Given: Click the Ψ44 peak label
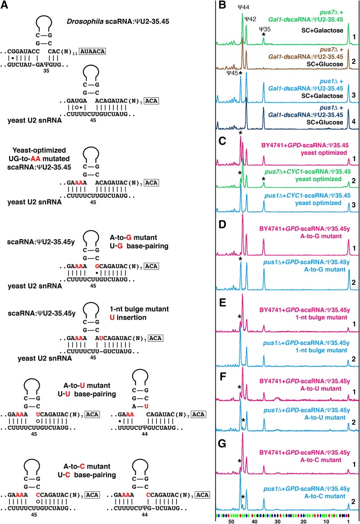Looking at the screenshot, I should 242,7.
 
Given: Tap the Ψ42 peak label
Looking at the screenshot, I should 250,19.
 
